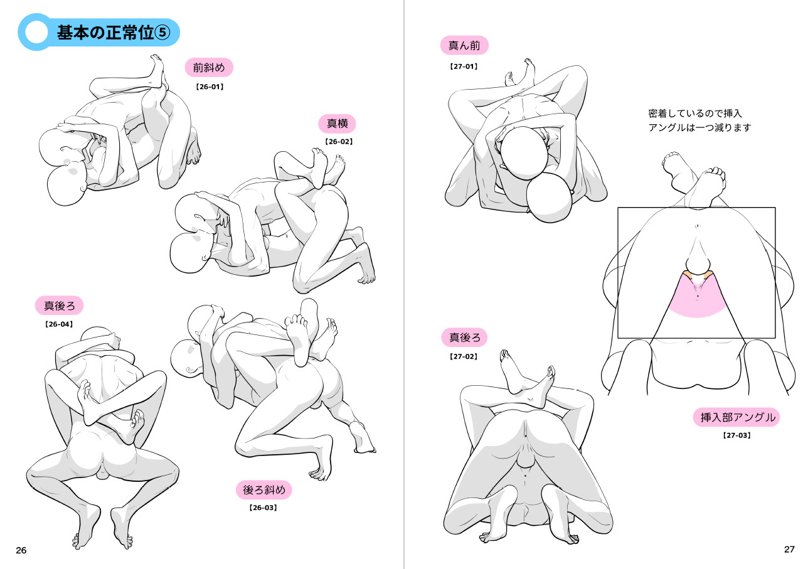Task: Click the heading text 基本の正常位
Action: pyautogui.click(x=105, y=33)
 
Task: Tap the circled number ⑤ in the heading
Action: pyautogui.click(x=162, y=33)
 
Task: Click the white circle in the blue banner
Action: pyautogui.click(x=37, y=32)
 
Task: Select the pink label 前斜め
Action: pyautogui.click(x=209, y=68)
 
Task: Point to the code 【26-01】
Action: pyautogui.click(x=210, y=87)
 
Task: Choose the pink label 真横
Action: pyautogui.click(x=338, y=124)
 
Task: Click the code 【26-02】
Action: pyautogui.click(x=339, y=142)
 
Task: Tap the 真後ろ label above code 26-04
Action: pyautogui.click(x=59, y=306)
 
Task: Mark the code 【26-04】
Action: pyautogui.click(x=59, y=324)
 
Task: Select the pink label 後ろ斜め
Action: pyautogui.click(x=264, y=490)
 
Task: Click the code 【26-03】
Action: pyautogui.click(x=263, y=508)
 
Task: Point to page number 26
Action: pyautogui.click(x=21, y=550)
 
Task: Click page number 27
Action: pyautogui.click(x=789, y=550)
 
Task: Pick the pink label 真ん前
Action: pyautogui.click(x=464, y=45)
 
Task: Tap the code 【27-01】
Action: pyautogui.click(x=464, y=66)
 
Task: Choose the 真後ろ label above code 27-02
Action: pyautogui.click(x=465, y=338)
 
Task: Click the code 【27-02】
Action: pyautogui.click(x=464, y=357)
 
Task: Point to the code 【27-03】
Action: pyautogui.click(x=736, y=435)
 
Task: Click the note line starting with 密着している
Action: pyautogui.click(x=694, y=114)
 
